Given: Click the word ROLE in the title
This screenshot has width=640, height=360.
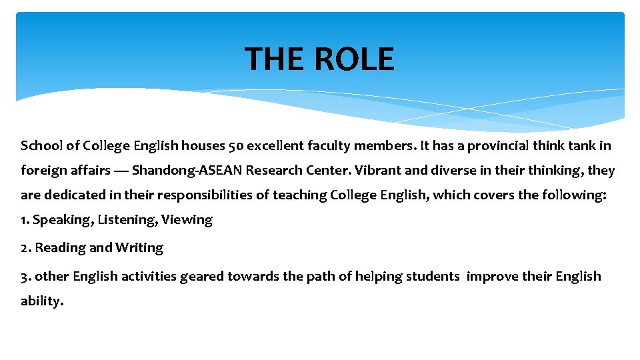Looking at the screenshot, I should (x=354, y=59).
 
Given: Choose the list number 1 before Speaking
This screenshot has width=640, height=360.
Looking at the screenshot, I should (x=25, y=220).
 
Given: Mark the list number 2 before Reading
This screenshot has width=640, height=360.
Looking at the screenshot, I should (x=25, y=248).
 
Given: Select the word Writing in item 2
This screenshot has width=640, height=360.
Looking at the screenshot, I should (x=139, y=248).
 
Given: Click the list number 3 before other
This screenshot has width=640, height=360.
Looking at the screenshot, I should (x=25, y=276).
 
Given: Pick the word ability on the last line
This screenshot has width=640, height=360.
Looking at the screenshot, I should (x=40, y=301).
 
